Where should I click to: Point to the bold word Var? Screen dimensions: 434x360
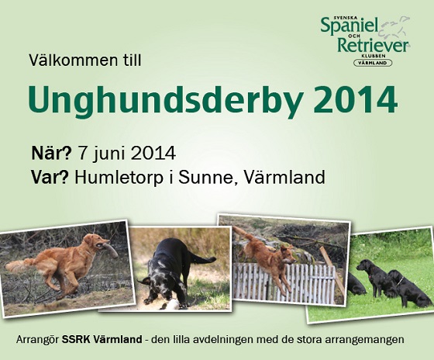(x=50, y=177)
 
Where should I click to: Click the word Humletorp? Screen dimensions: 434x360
(x=119, y=178)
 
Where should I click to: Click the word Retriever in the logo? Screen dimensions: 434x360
(x=373, y=46)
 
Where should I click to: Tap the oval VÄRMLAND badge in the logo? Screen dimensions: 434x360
(x=373, y=63)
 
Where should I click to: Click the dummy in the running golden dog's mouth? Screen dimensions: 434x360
(x=108, y=249)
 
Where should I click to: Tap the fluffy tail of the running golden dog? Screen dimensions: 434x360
(x=20, y=265)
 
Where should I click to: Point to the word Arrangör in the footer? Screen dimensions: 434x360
(x=38, y=340)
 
